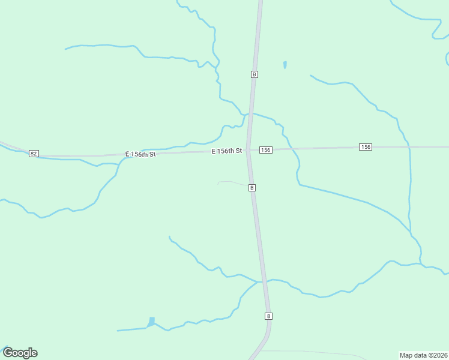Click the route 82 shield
34,154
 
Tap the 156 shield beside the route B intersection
266,149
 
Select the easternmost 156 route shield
366,147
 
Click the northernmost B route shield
255,74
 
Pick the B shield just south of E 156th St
252,188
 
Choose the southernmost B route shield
268,316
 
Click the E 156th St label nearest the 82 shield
140,154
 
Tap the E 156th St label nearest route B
227,151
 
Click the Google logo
20,353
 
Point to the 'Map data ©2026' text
423,355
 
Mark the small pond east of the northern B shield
285,64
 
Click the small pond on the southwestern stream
151,322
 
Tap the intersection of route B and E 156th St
249,151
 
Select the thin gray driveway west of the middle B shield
231,182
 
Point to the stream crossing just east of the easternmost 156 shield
409,146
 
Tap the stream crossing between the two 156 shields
291,148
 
